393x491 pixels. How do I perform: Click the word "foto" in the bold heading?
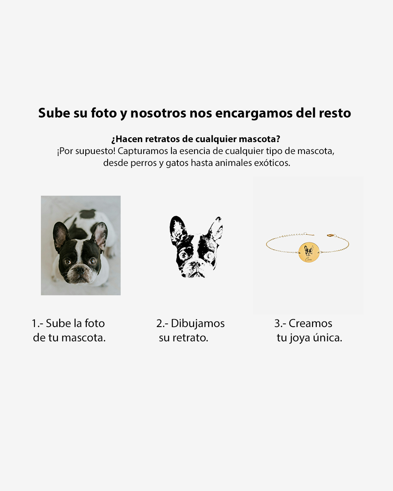tap(104, 113)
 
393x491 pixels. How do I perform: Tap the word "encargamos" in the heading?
tap(254, 114)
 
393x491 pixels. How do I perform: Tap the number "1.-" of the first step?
tap(38, 323)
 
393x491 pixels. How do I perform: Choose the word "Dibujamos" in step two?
tap(198, 324)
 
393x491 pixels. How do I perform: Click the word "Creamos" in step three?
tap(310, 323)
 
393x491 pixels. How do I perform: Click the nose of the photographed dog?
tap(80, 270)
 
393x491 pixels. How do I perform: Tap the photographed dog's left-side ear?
tap(61, 236)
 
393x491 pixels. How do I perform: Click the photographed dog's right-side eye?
tap(92, 261)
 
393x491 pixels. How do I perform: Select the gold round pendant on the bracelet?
tap(309, 252)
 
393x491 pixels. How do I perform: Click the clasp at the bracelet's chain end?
tap(330, 235)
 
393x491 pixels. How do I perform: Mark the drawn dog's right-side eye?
tap(208, 256)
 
